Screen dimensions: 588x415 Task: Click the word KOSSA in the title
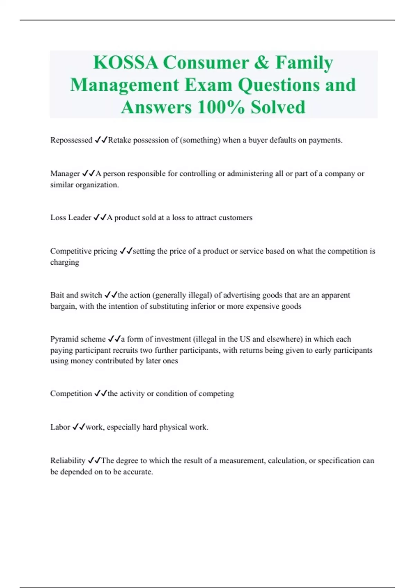coord(126,63)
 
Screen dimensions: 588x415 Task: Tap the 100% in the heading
coord(221,107)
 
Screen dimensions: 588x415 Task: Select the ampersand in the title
coord(262,63)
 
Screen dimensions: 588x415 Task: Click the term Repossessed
coord(71,140)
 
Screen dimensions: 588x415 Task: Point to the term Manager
coord(65,174)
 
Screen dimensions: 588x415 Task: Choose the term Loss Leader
coord(71,218)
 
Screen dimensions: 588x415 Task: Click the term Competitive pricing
coord(84,251)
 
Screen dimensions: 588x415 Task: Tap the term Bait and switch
coord(76,295)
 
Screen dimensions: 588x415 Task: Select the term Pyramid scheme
coord(78,339)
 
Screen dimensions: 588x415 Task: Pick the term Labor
coord(60,427)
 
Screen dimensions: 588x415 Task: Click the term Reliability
coord(68,461)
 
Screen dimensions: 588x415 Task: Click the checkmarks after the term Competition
coord(101,394)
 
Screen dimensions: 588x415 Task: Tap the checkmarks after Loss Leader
coord(100,218)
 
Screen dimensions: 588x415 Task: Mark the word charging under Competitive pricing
coord(65,262)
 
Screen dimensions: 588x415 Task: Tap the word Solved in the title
coord(278,107)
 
